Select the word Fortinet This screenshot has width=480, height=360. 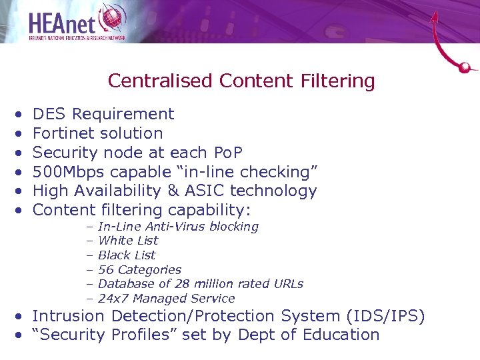[x=63, y=133]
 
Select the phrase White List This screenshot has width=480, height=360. [x=128, y=241]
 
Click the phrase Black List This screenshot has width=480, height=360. [x=127, y=255]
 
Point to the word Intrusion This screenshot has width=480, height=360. [x=69, y=316]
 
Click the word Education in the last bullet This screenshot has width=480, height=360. [x=341, y=335]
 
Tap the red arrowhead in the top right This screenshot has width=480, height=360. [x=435, y=15]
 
